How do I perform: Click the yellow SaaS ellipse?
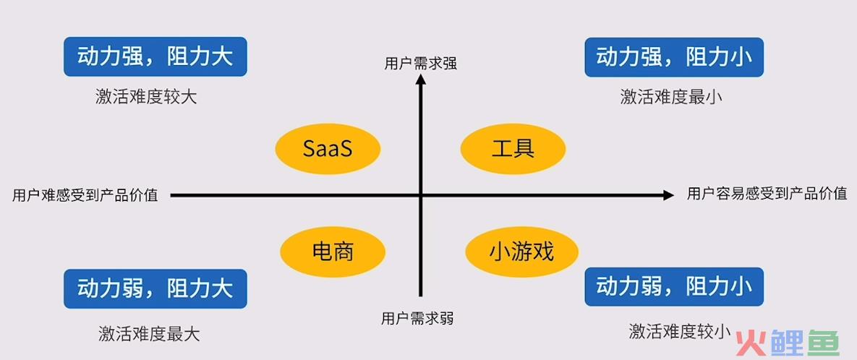click(x=328, y=148)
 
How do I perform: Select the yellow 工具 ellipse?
click(x=513, y=148)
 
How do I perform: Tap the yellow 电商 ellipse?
click(x=333, y=252)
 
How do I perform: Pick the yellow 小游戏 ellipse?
click(x=521, y=252)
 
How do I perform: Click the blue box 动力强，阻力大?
click(x=155, y=57)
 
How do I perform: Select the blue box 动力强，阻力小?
click(x=674, y=57)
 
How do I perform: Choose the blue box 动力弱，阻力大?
click(x=155, y=288)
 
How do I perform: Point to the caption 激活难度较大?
click(x=145, y=98)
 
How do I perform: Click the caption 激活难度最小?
click(x=671, y=98)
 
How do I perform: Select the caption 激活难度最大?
click(x=149, y=333)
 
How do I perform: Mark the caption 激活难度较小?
click(x=680, y=330)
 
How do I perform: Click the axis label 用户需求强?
click(x=420, y=64)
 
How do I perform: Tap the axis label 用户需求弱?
click(x=417, y=318)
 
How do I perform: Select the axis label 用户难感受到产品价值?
click(x=85, y=195)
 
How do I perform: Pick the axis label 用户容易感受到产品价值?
click(x=767, y=194)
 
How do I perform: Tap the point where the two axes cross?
click(x=421, y=195)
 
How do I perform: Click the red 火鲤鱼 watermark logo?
click(x=788, y=343)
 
